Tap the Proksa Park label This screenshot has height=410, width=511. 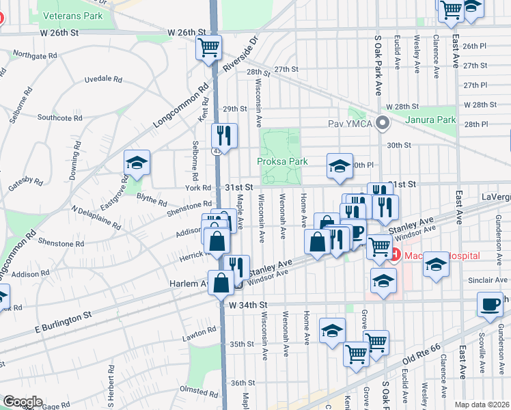coord(282,161)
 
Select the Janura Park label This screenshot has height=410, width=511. coord(430,120)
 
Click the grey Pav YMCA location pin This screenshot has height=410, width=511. coord(383,124)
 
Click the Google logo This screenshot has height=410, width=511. coord(22,401)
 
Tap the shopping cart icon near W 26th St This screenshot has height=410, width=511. coord(208,48)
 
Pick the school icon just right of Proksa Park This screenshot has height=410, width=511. coord(340,166)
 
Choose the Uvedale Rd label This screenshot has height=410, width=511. coord(102,79)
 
